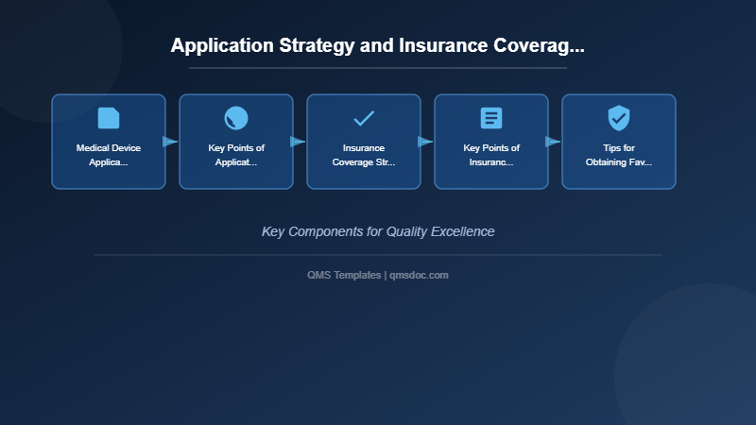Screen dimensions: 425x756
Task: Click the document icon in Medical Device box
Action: coord(109,118)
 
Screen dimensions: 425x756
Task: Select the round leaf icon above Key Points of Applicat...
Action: coord(236,118)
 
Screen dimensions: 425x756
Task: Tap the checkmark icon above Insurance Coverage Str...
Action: coord(364,118)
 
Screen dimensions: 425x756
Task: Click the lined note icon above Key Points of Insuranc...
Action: coord(491,118)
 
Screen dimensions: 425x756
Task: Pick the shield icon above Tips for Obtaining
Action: coord(619,118)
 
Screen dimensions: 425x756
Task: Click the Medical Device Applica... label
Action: coord(109,155)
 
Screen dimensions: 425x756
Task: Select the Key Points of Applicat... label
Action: coord(236,155)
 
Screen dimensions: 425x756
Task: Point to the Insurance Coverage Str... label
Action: coord(364,155)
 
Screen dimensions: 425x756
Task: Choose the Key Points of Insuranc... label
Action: coord(491,155)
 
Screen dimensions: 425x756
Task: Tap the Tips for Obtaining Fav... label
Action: coord(619,155)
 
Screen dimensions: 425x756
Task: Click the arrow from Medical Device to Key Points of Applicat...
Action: coord(170,142)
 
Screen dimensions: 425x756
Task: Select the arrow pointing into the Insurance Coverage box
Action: coord(298,142)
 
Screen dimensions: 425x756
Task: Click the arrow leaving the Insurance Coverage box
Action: coord(425,142)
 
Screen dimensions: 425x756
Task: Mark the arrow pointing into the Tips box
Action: coord(553,142)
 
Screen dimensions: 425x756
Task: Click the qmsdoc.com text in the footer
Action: coord(420,275)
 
